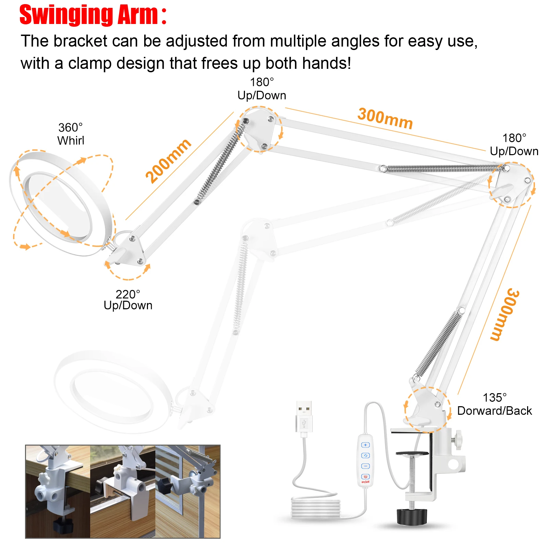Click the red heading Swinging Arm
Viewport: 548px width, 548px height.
click(x=93, y=15)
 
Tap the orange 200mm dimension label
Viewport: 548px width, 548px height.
click(x=168, y=161)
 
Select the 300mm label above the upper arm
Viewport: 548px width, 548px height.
click(x=385, y=119)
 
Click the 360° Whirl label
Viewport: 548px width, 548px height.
click(x=71, y=134)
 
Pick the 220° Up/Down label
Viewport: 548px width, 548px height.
click(x=128, y=300)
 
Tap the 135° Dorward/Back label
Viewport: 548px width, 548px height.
click(x=495, y=404)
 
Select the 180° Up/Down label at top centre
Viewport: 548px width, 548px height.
click(x=262, y=89)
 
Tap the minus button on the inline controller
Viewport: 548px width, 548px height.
click(x=365, y=466)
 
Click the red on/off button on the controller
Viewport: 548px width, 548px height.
click(x=365, y=477)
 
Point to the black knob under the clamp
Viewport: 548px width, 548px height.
click(x=412, y=516)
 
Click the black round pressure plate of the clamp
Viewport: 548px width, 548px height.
click(x=412, y=453)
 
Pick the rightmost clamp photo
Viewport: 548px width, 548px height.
click(x=187, y=491)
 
